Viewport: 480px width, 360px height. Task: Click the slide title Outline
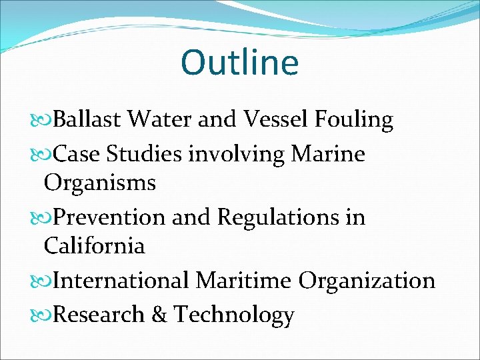[239, 62]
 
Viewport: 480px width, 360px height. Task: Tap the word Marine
[328, 155]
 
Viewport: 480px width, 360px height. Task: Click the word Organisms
[99, 183]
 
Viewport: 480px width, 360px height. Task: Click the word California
[94, 246]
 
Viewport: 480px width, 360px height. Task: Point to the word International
[121, 281]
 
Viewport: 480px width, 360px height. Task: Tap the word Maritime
[243, 281]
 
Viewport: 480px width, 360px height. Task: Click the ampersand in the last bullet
[159, 315]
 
